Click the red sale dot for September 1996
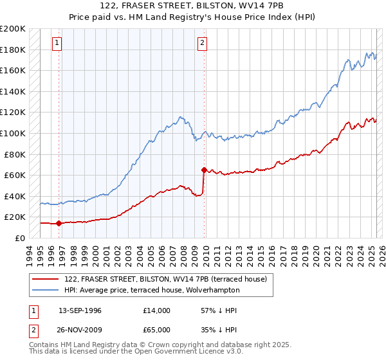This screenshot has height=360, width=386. point(59,224)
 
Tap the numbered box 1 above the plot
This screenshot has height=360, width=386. point(57,43)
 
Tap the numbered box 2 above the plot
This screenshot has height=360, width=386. point(202,43)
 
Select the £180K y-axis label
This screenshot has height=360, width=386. point(13,50)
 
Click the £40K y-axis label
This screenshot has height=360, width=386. point(15,196)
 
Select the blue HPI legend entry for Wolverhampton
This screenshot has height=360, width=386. point(152,290)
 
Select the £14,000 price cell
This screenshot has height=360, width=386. point(157,310)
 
